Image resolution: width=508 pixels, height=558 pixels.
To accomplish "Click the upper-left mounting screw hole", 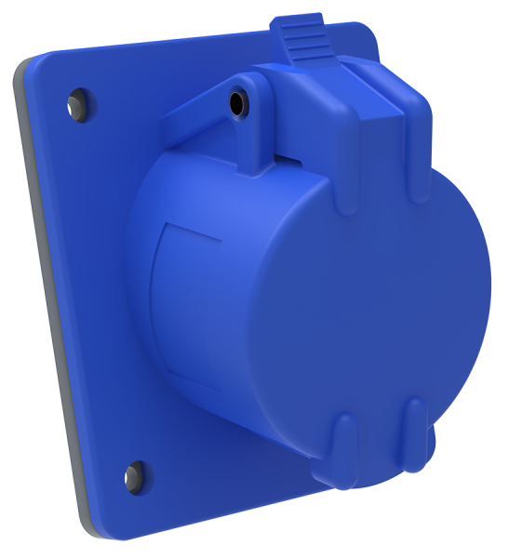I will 75,98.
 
